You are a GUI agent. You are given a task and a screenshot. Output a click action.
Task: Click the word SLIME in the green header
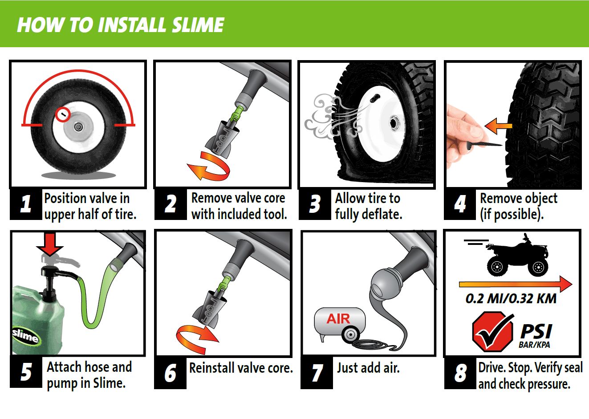198,25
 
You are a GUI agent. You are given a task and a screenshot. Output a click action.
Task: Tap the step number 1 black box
26,204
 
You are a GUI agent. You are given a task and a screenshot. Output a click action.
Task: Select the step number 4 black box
459,204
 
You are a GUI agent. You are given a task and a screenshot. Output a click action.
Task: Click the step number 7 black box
317,373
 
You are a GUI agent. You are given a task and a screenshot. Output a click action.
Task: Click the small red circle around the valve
63,114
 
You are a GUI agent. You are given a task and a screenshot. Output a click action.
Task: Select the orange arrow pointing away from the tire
498,126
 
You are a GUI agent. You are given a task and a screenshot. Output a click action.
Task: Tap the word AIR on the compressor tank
338,319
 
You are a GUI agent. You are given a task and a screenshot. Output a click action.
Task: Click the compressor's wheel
350,334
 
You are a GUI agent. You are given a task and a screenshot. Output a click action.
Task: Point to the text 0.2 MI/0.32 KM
511,299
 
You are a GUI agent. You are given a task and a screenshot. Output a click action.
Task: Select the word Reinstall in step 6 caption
212,368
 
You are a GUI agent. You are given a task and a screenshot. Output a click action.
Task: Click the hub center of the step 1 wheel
78,127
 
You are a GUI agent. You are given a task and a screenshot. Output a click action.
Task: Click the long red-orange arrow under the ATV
516,284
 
